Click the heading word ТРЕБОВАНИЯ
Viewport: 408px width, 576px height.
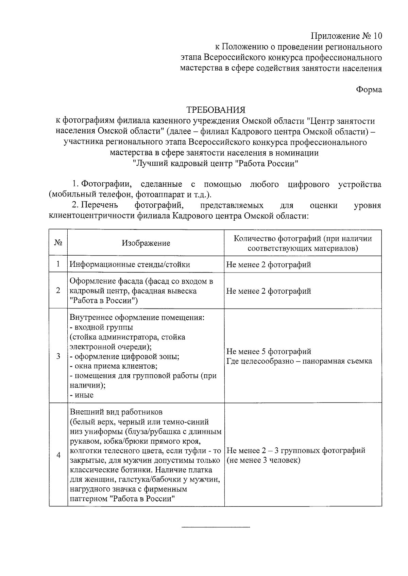click(216, 110)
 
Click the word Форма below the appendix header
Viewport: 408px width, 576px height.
click(369, 90)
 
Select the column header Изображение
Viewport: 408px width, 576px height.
click(146, 243)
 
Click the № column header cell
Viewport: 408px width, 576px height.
click(58, 243)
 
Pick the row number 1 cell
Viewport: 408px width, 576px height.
click(58, 264)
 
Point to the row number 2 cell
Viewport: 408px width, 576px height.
click(58, 291)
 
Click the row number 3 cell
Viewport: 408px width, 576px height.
click(58, 356)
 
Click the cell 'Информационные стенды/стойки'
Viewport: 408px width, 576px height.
click(130, 264)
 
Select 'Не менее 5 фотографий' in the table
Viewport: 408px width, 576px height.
click(269, 351)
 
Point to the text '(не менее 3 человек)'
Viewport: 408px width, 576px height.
click(263, 460)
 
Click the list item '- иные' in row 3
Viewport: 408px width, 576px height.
click(82, 395)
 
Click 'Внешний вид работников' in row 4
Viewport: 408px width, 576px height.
click(116, 412)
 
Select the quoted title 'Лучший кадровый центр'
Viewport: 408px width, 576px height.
click(184, 164)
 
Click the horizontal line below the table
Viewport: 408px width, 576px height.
click(216, 527)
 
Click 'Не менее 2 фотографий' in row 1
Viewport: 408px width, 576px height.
click(269, 264)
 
